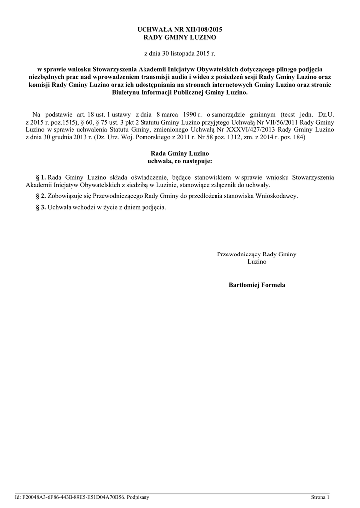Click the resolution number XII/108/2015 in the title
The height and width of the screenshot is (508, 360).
202,30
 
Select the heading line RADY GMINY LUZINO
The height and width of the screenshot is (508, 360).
180,37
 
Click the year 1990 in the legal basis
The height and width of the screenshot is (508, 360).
188,114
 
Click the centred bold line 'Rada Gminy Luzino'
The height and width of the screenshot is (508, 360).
180,154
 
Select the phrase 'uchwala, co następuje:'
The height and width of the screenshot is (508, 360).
180,161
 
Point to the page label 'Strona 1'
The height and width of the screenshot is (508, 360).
320,497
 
